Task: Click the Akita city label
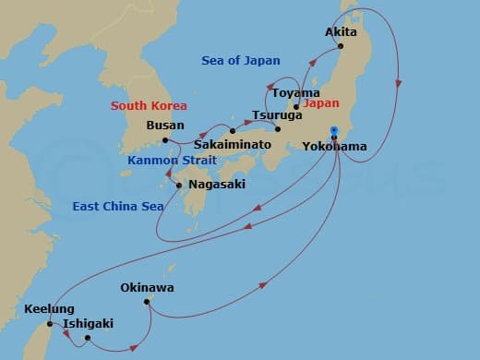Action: click(x=341, y=31)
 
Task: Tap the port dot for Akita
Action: click(x=341, y=45)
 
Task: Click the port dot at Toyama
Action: click(x=295, y=106)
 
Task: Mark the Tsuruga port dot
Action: click(x=278, y=128)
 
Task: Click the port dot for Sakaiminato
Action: click(x=233, y=131)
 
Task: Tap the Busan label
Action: click(x=165, y=126)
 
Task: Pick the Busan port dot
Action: click(x=165, y=140)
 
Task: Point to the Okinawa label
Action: click(x=147, y=288)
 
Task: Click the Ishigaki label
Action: click(x=90, y=324)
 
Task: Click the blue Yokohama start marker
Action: click(x=334, y=130)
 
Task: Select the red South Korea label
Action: click(x=149, y=106)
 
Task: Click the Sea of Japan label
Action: click(x=240, y=61)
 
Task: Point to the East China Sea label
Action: click(x=117, y=206)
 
